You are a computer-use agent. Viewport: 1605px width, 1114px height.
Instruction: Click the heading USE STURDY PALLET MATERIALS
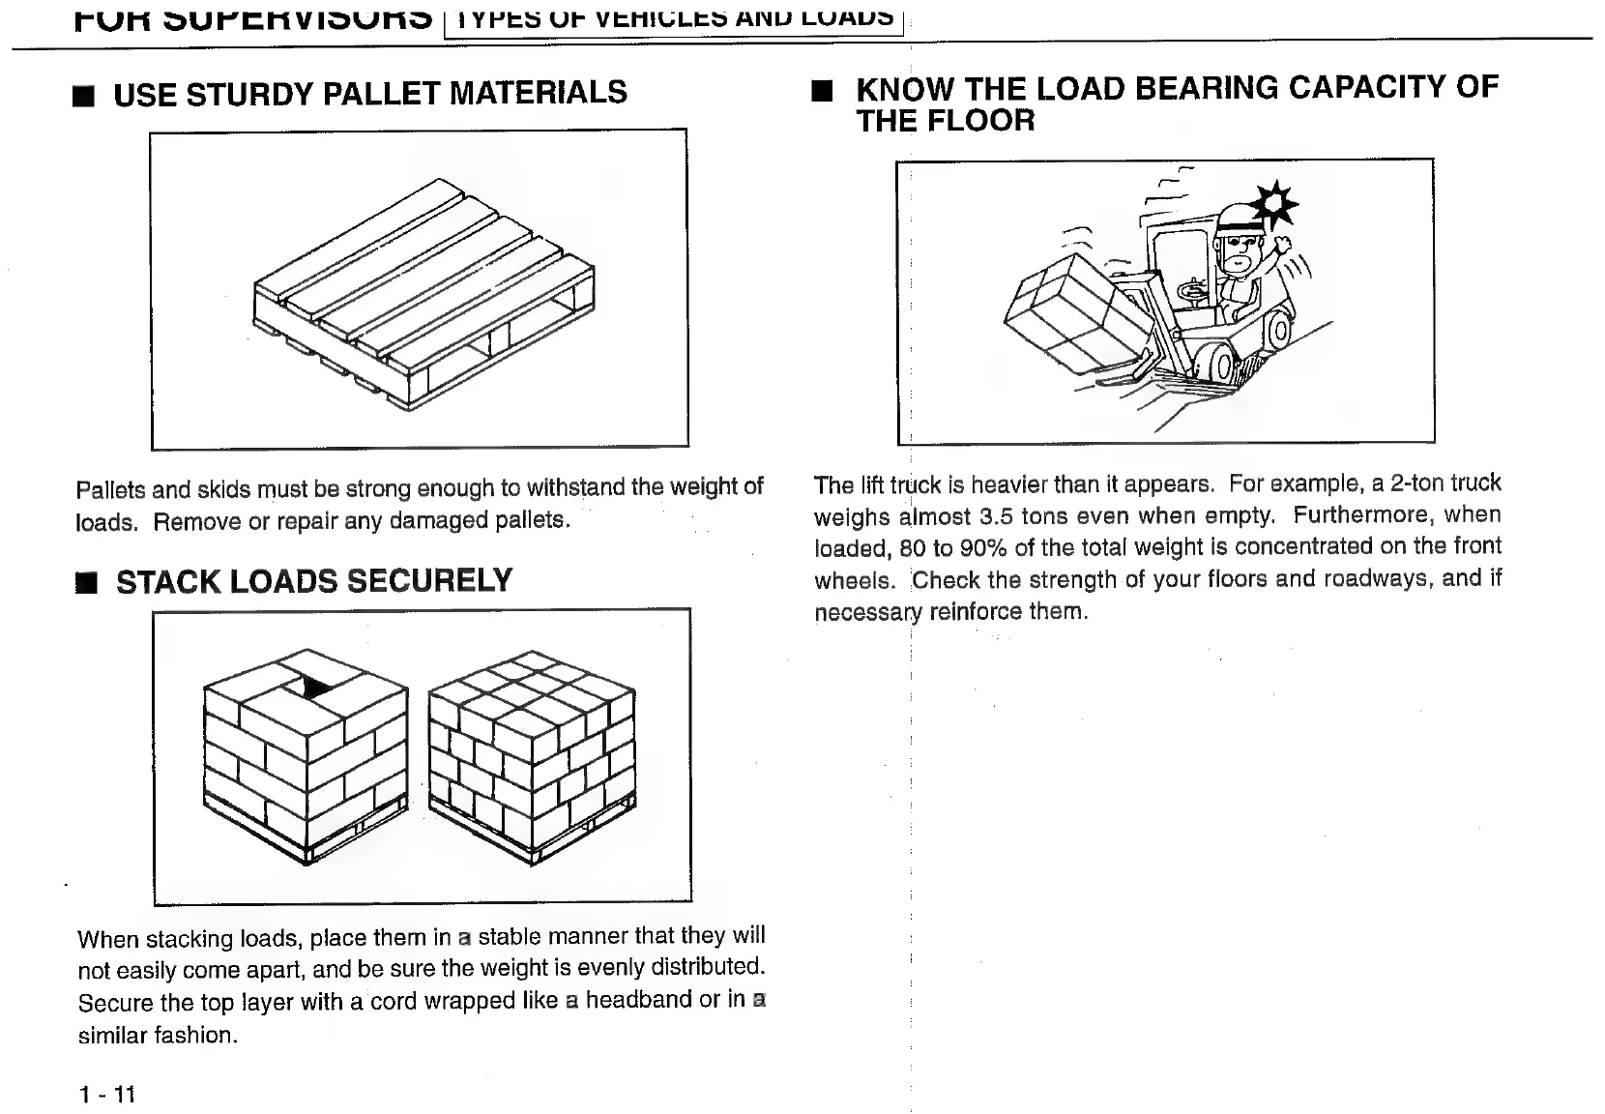click(370, 94)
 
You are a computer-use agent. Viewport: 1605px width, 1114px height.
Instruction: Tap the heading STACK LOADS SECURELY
click(314, 581)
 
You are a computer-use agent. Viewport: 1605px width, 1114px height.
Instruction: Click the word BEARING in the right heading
click(1205, 88)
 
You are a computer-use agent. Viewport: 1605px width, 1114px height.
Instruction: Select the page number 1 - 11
click(107, 1094)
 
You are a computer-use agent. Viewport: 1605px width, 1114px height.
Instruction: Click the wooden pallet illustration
click(423, 295)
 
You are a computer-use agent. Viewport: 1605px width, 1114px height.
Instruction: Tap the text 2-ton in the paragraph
click(1418, 483)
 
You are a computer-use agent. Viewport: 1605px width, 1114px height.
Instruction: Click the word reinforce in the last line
click(976, 612)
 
